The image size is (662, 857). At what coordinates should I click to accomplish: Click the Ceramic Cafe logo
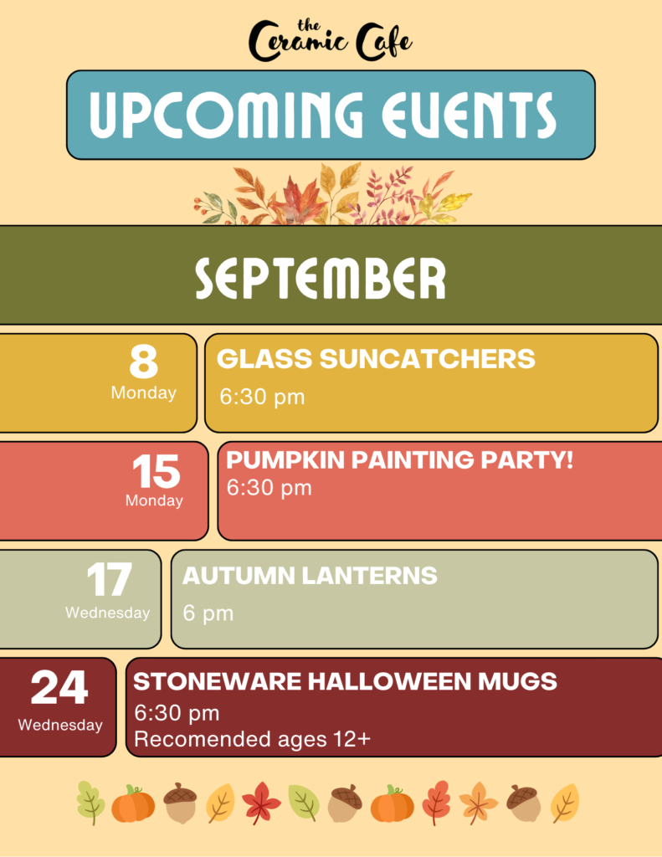click(331, 40)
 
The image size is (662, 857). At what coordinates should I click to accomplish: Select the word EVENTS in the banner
click(469, 115)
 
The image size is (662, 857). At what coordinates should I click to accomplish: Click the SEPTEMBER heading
click(321, 278)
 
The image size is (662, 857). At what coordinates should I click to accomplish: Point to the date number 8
click(144, 362)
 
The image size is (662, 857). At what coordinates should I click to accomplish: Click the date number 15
click(157, 471)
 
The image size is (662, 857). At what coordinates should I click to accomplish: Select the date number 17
click(110, 579)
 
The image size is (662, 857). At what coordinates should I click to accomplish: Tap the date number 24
click(59, 688)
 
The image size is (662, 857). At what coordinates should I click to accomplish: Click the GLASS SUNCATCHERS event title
click(376, 359)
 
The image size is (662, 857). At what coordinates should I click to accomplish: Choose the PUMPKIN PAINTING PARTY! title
click(399, 459)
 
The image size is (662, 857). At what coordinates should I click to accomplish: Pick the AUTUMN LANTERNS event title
click(310, 576)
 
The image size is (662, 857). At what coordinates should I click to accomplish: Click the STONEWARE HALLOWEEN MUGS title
click(345, 681)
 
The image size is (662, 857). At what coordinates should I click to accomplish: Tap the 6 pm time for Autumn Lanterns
click(208, 613)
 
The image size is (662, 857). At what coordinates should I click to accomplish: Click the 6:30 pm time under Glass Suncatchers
click(262, 397)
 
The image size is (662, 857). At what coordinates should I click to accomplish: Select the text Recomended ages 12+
click(252, 739)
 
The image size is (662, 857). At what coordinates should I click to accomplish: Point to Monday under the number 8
click(144, 393)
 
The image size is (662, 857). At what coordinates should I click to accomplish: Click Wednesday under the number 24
click(60, 726)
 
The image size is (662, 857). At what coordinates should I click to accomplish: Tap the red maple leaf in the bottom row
click(261, 803)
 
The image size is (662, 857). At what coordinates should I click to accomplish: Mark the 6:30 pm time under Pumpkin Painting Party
click(269, 488)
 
